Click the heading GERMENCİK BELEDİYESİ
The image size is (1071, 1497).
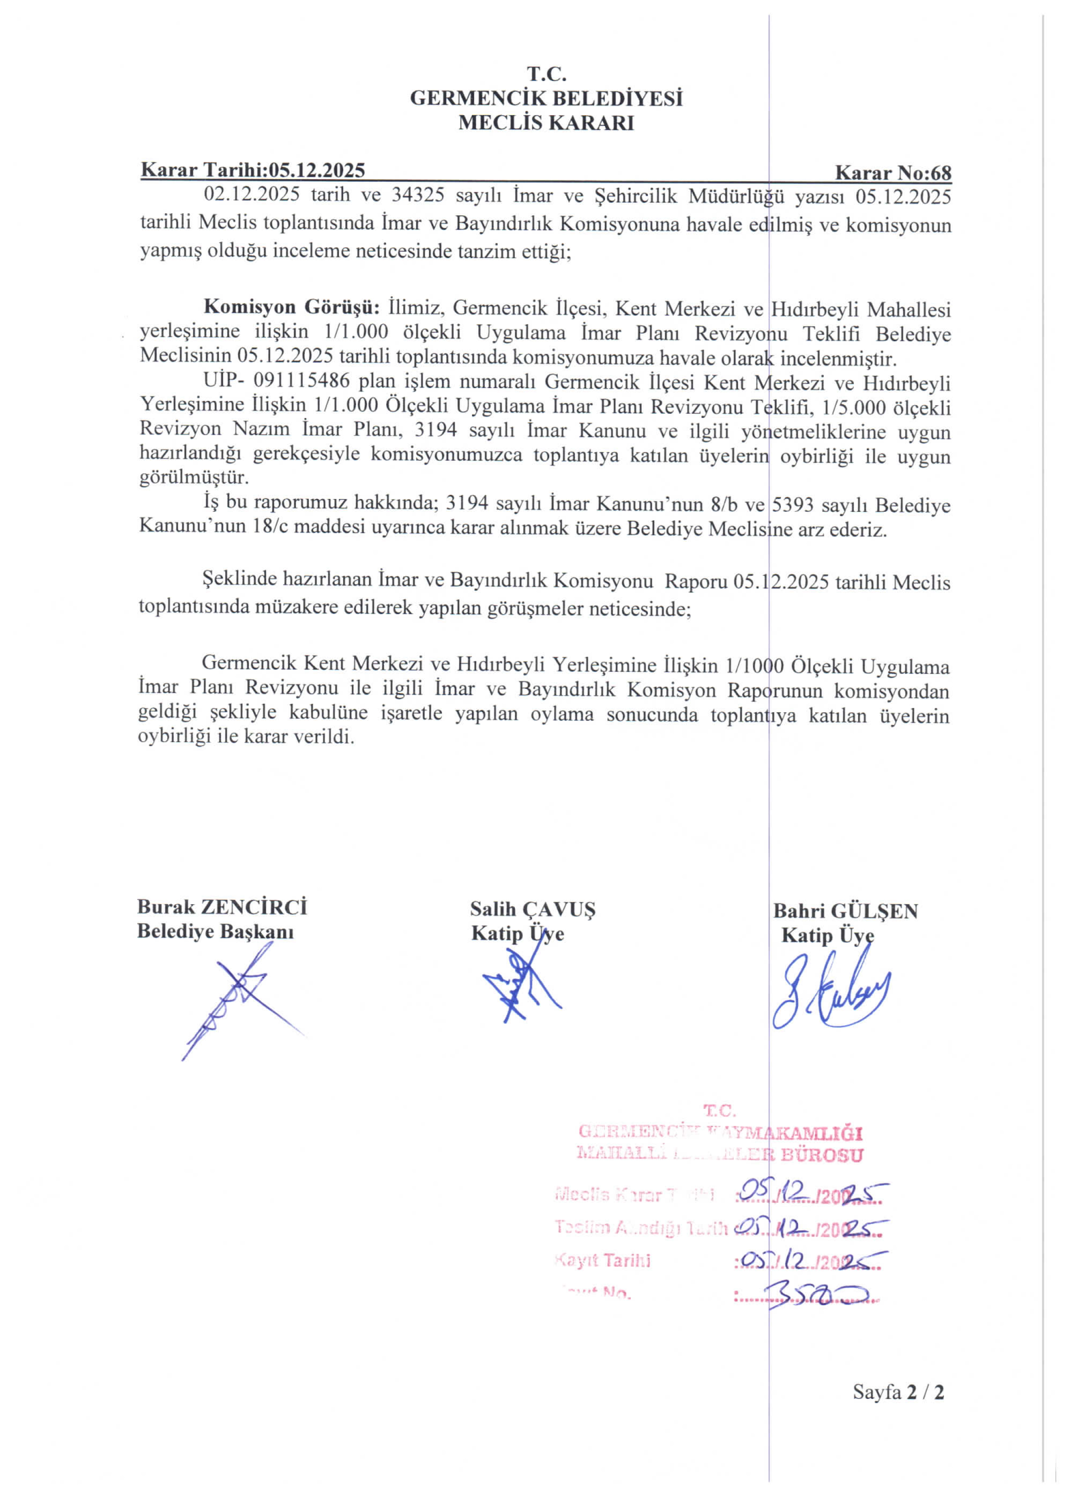(x=546, y=98)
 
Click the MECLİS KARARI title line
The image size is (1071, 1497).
(x=546, y=123)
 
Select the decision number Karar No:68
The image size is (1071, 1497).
(x=893, y=173)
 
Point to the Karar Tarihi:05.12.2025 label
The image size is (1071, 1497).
(x=253, y=170)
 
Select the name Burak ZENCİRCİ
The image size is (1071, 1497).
(x=222, y=907)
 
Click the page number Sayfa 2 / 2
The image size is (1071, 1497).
(x=898, y=1392)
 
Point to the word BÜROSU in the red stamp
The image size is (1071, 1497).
(x=822, y=1155)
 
